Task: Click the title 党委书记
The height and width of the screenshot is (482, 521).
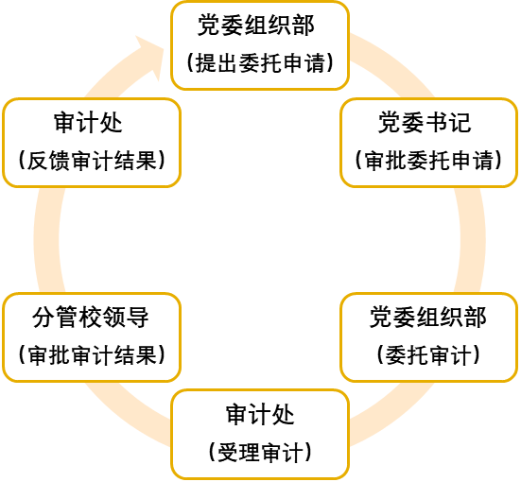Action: point(425,123)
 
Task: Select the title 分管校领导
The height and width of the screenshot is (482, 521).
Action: point(91,318)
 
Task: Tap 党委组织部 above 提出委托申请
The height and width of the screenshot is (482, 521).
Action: point(256,26)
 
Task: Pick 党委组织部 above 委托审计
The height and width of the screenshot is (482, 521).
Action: point(428,318)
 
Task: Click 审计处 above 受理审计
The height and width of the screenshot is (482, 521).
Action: point(260,415)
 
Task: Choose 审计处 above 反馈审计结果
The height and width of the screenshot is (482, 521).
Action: point(88,123)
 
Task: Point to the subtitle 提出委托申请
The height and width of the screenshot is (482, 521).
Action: point(260,62)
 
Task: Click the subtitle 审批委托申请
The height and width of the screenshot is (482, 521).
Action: point(428,161)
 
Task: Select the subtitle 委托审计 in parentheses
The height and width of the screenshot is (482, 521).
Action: point(428,355)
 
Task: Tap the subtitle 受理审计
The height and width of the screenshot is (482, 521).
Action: point(260,453)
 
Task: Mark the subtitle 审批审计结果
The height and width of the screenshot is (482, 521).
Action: point(92,355)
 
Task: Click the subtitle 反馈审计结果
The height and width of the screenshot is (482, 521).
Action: point(92,161)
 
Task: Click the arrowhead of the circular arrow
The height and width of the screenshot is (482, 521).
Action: point(150,57)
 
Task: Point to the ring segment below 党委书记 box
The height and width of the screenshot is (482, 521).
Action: point(471,240)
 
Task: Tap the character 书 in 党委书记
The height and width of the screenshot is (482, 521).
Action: point(436,123)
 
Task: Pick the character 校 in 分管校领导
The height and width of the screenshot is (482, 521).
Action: point(91,318)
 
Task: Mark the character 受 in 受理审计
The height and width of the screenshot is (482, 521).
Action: point(228,453)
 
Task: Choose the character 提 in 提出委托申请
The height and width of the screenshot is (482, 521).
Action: point(206,62)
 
